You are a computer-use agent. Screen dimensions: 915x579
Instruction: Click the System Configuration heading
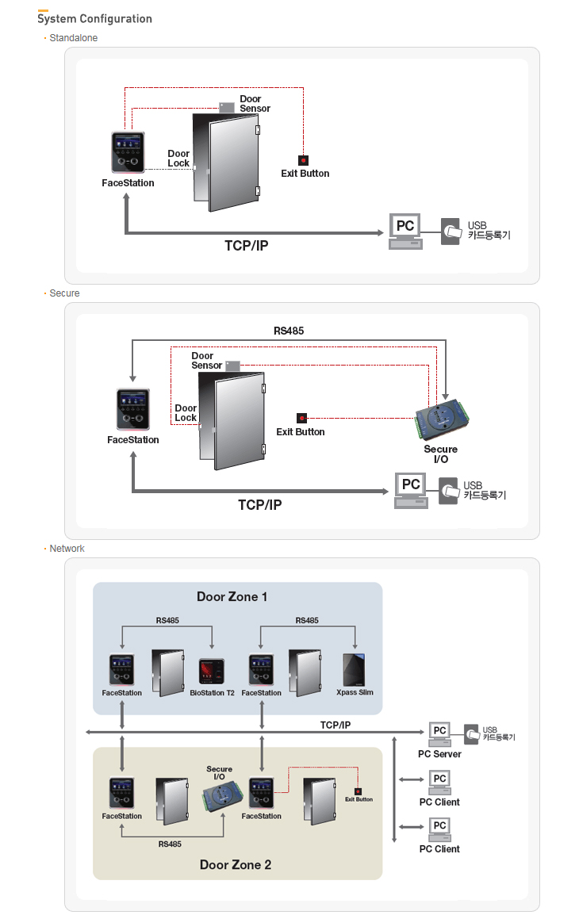click(94, 18)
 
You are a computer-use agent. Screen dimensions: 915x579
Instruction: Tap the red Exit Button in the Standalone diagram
click(303, 160)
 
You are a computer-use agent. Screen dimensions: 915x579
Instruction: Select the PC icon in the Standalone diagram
click(405, 231)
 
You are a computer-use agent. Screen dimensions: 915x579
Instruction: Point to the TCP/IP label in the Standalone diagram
click(246, 246)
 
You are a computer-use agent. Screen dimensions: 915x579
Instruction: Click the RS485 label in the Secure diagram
click(289, 331)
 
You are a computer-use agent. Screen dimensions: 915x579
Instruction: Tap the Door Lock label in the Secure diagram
click(186, 413)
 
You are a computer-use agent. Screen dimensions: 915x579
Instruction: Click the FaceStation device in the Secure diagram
click(133, 409)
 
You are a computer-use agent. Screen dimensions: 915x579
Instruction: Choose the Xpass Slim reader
click(355, 670)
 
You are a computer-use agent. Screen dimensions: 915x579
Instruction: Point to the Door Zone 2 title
click(236, 864)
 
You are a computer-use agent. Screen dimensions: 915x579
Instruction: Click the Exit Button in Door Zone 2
click(358, 791)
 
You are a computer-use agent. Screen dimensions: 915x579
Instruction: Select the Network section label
click(67, 549)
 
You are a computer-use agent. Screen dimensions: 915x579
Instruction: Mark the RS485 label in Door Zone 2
click(170, 844)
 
